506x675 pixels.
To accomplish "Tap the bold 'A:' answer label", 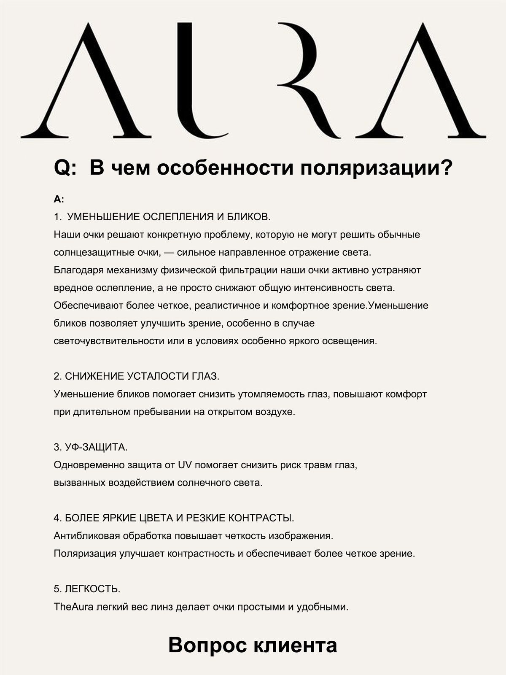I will coord(59,199).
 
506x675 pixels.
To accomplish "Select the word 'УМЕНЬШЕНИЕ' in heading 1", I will coord(104,217).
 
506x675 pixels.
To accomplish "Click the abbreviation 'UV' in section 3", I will coord(185,465).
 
